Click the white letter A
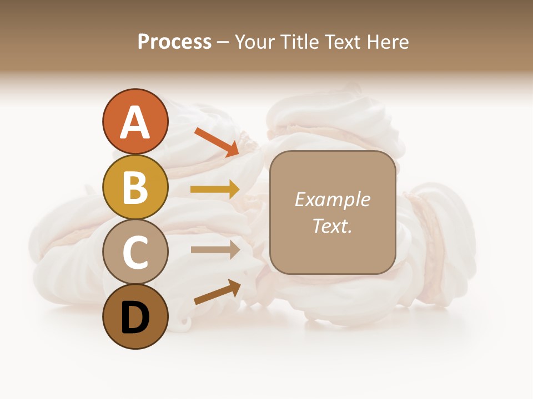click(135, 123)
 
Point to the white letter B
click(135, 187)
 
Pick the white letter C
click(135, 252)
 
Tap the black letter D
click(135, 317)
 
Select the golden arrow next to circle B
click(215, 189)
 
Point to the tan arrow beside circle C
click(215, 249)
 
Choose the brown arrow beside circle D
click(217, 292)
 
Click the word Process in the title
click(174, 42)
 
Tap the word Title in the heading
click(300, 42)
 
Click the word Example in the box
click(332, 199)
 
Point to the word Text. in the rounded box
click(332, 226)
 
